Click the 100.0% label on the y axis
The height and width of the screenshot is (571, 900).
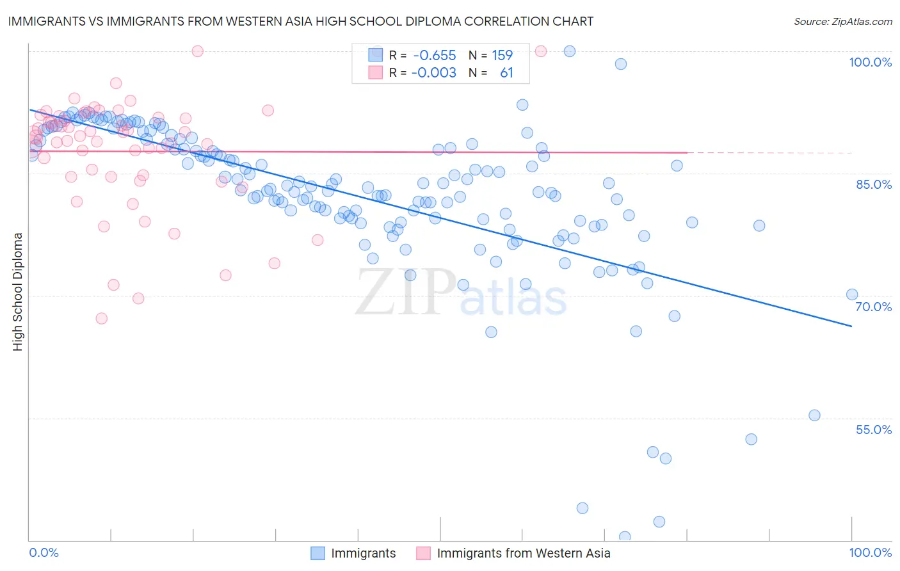870,62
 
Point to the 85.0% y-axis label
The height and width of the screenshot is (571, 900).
874,184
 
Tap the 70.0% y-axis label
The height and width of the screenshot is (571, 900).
874,307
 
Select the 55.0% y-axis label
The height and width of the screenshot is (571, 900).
874,430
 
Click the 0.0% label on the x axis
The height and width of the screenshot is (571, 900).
44,552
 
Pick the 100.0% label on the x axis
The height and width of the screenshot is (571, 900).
870,552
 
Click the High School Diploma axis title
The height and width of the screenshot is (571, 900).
18,291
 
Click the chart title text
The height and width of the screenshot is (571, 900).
300,21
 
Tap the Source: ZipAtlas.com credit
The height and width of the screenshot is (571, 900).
842,21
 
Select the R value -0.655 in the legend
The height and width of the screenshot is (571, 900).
435,55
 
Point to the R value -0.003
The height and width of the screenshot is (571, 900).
434,73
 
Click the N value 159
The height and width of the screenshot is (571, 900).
502,55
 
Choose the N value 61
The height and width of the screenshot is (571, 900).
506,73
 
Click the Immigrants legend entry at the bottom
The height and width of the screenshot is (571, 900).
363,553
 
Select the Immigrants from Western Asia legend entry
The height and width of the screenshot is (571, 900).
523,553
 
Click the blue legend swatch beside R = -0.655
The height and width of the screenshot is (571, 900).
375,55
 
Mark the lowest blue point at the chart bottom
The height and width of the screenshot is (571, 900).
625,537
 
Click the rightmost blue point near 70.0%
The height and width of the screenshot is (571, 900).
851,294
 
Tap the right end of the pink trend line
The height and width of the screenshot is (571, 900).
687,152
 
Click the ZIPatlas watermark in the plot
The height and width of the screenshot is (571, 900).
461,293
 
